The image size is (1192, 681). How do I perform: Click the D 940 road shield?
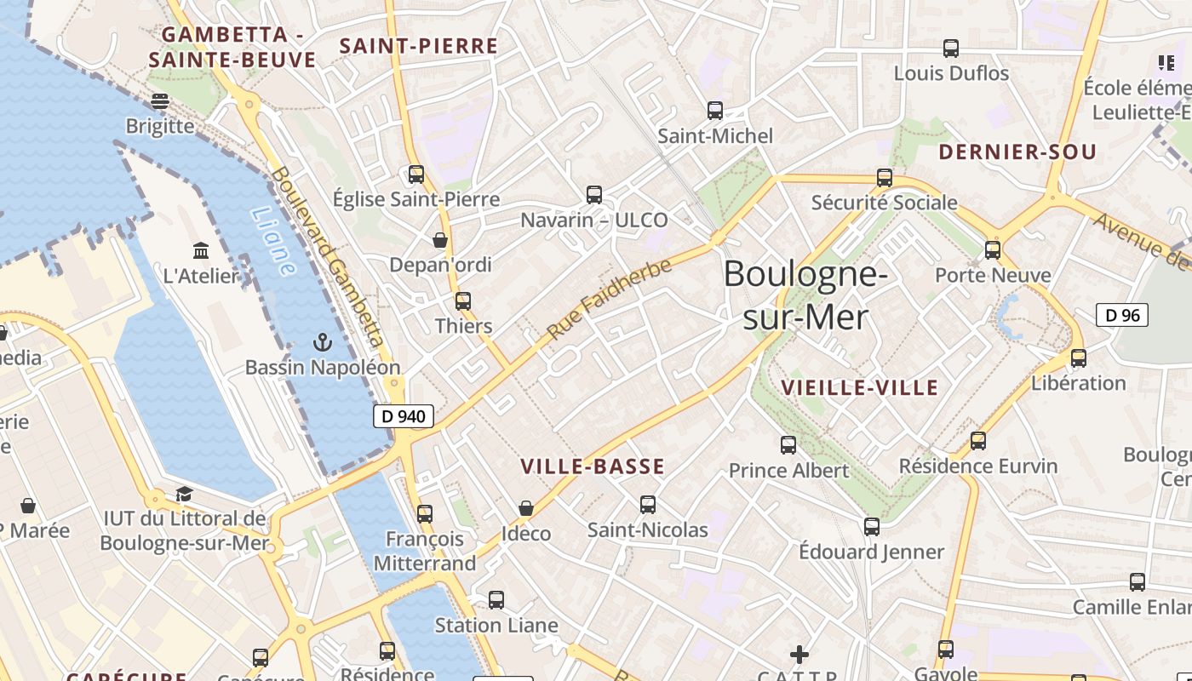click(404, 416)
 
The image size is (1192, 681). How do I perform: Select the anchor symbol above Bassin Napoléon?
click(322, 343)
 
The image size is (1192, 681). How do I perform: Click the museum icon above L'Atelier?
click(201, 251)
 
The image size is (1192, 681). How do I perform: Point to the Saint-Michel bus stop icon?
click(715, 111)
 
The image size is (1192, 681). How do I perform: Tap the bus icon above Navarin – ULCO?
click(594, 195)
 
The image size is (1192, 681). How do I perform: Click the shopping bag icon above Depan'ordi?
click(440, 240)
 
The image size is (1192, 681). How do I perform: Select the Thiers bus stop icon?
click(463, 301)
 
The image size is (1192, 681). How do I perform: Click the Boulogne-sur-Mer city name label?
click(805, 295)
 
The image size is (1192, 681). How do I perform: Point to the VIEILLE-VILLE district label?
click(860, 388)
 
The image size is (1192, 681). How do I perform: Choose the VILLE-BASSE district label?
click(593, 466)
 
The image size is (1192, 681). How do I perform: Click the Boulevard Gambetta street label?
click(329, 255)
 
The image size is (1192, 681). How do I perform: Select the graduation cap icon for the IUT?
click(184, 494)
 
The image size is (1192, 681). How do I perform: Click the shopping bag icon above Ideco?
click(526, 508)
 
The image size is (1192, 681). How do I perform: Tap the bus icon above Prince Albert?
click(788, 444)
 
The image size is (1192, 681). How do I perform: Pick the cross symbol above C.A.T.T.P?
click(799, 654)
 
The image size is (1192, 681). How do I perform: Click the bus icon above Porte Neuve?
click(993, 250)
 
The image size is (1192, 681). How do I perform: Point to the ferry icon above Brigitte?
click(160, 101)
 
